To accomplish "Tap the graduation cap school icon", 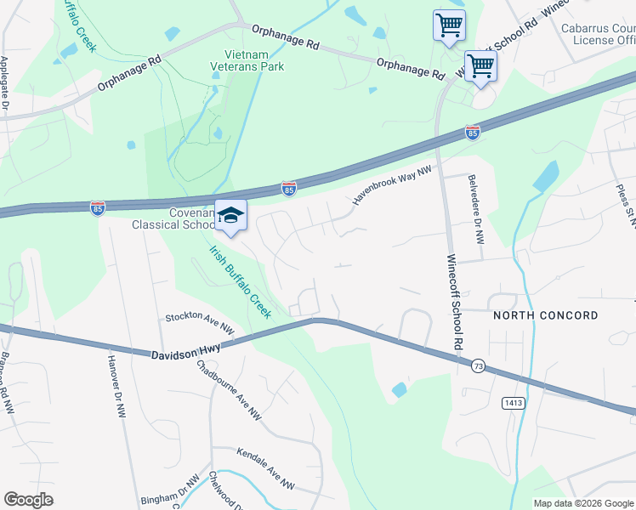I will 230,216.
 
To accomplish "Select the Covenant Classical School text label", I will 173,218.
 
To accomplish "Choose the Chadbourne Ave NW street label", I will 228,390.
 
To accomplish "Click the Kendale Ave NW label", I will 265,469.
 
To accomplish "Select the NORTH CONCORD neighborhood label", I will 545,315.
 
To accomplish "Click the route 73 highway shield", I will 478,365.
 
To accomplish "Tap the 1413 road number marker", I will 513,402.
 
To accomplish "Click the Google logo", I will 28,500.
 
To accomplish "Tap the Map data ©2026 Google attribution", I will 582,503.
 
